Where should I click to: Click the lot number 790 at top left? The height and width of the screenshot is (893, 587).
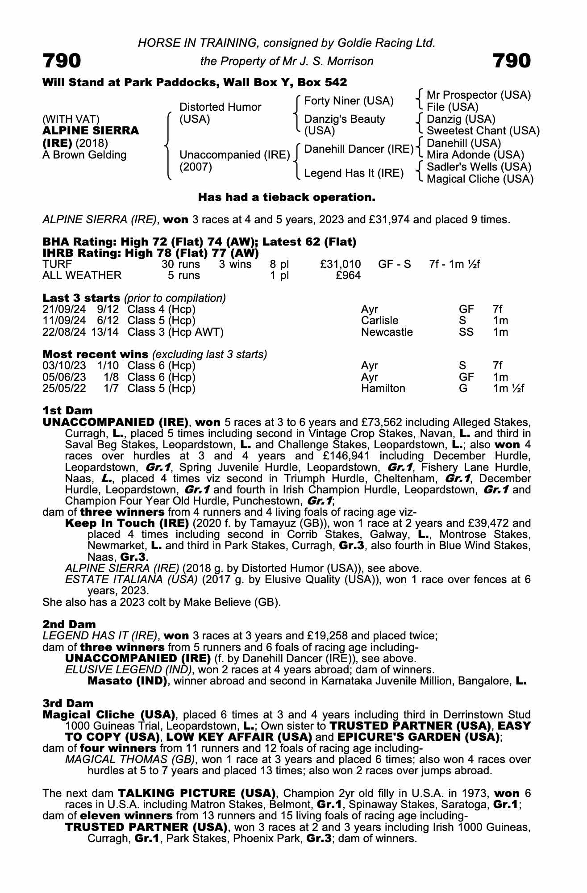(x=62, y=61)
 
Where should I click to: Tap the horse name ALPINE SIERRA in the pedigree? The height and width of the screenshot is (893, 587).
(x=91, y=131)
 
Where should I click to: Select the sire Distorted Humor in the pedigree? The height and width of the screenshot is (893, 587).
(x=220, y=107)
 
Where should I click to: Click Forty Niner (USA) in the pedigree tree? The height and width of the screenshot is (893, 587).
(x=349, y=101)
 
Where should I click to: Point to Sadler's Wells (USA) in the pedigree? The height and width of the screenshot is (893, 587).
(x=479, y=167)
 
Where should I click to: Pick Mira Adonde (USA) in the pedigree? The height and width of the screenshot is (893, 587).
(x=475, y=155)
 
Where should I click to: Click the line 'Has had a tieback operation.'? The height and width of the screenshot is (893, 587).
(x=287, y=197)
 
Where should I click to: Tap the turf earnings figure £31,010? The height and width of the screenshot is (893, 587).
(x=341, y=264)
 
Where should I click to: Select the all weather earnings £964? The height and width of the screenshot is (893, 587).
(x=348, y=275)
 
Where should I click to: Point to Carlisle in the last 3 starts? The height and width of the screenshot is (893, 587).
(x=379, y=321)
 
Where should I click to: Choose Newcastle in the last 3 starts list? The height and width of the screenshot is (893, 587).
(x=387, y=332)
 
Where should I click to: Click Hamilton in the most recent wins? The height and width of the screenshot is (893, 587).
(x=383, y=388)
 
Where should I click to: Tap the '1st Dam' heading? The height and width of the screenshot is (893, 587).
(x=67, y=410)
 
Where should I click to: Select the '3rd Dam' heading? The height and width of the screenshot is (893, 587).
(x=68, y=703)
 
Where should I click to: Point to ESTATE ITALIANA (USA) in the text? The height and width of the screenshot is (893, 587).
(x=131, y=580)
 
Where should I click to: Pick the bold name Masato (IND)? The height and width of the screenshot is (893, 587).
(x=127, y=681)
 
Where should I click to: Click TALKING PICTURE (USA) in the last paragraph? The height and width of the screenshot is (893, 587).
(x=196, y=793)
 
